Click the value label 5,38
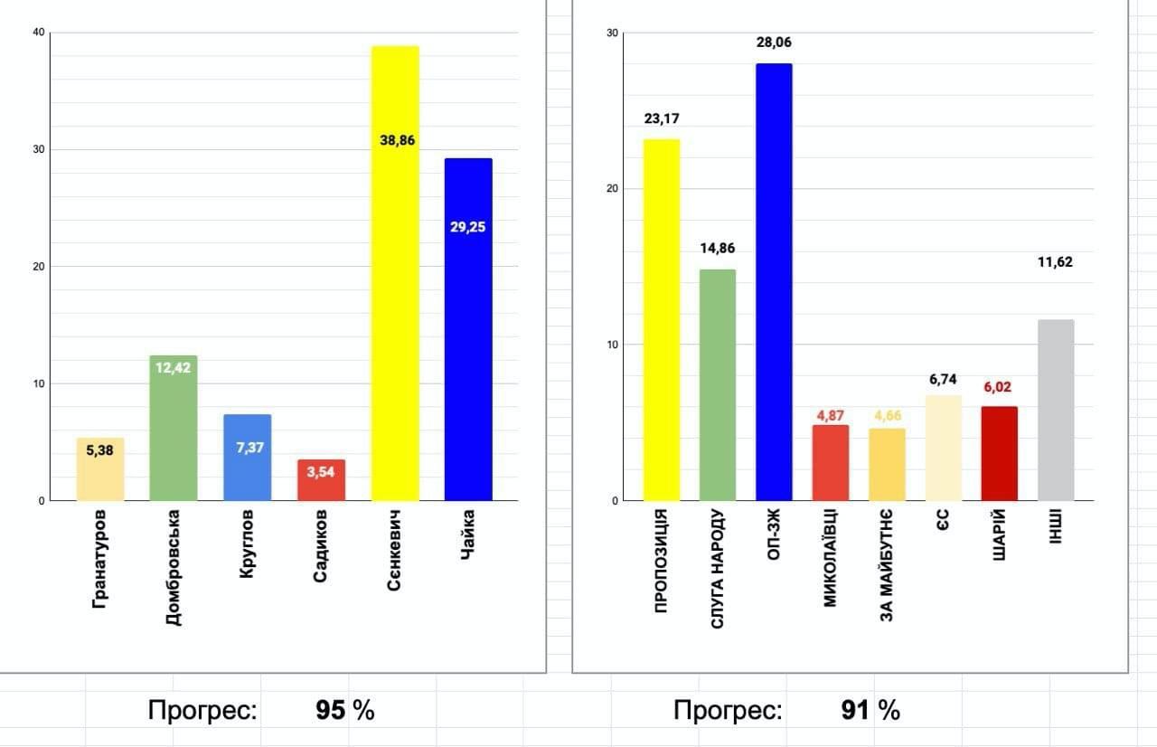(99, 449)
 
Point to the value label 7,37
(247, 447)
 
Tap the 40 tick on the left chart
(38, 33)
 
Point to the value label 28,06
(774, 42)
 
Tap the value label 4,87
(830, 416)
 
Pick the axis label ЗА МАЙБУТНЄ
(887, 566)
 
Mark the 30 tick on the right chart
(613, 33)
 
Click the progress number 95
(331, 711)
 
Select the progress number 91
(855, 711)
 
